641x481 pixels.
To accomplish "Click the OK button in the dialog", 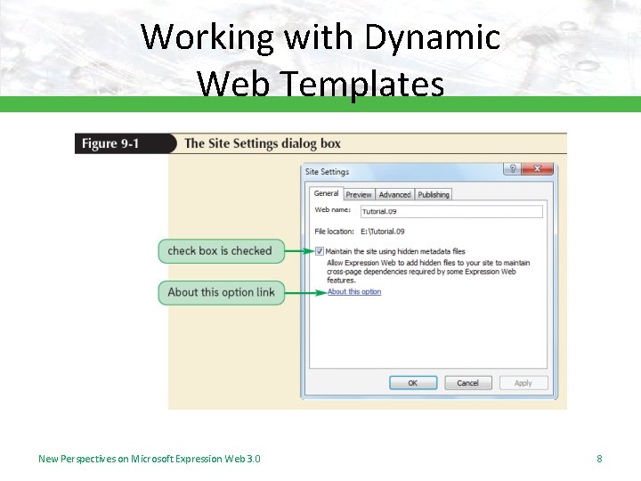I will point(413,383).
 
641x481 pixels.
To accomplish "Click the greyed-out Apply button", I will point(523,383).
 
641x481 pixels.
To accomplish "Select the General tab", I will point(326,193).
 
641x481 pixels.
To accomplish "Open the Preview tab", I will point(359,194).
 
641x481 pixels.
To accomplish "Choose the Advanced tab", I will point(394,194).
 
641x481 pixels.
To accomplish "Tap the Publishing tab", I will point(434,194).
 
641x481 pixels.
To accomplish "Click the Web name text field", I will point(450,212).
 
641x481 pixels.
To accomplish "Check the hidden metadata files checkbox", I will point(320,251).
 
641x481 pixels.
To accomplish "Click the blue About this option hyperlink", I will point(353,292).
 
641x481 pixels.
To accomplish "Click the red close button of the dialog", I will point(539,168).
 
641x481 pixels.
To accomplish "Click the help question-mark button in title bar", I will point(512,168).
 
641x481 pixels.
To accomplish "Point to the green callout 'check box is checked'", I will point(220,251).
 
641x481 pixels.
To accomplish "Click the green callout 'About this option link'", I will point(221,292).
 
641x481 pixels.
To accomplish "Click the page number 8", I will point(599,459).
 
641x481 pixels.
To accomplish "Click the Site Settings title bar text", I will point(327,171).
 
